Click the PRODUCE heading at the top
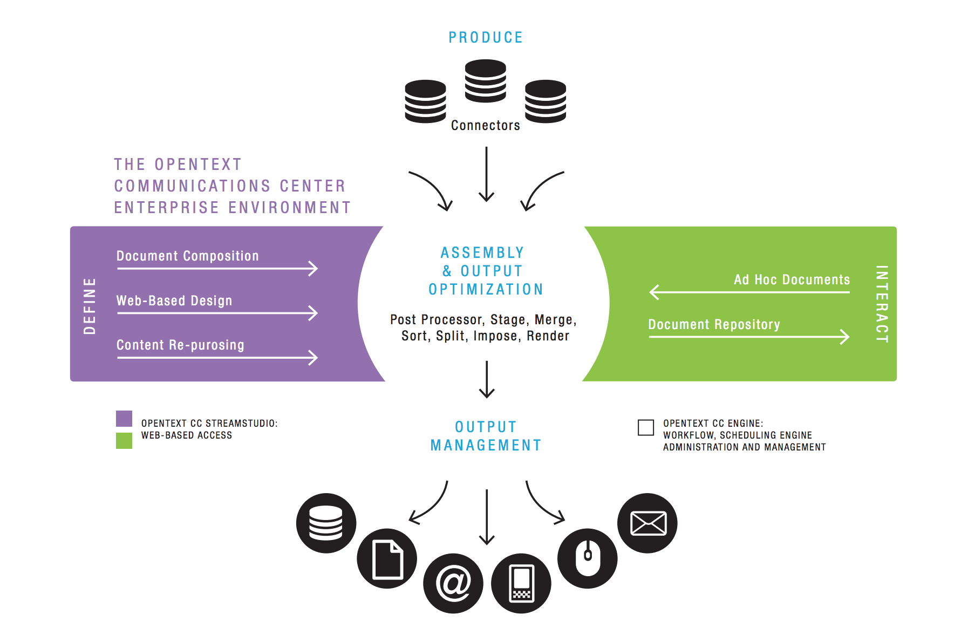coord(486,37)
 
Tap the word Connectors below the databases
coord(485,125)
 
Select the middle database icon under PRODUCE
coord(485,81)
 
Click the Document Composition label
coord(187,256)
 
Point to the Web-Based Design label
coord(174,300)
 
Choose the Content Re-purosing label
coord(180,345)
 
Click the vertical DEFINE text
coord(90,306)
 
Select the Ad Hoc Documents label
coord(791,279)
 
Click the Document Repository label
coord(713,324)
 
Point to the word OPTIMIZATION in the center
coord(486,289)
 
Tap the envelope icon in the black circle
coord(647,523)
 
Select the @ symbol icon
coord(453,583)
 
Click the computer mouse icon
coord(588,558)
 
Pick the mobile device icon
coord(521,583)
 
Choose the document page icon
coord(387,559)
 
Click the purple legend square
coord(124,419)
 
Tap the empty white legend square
coord(645,427)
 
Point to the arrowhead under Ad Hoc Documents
coord(655,292)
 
